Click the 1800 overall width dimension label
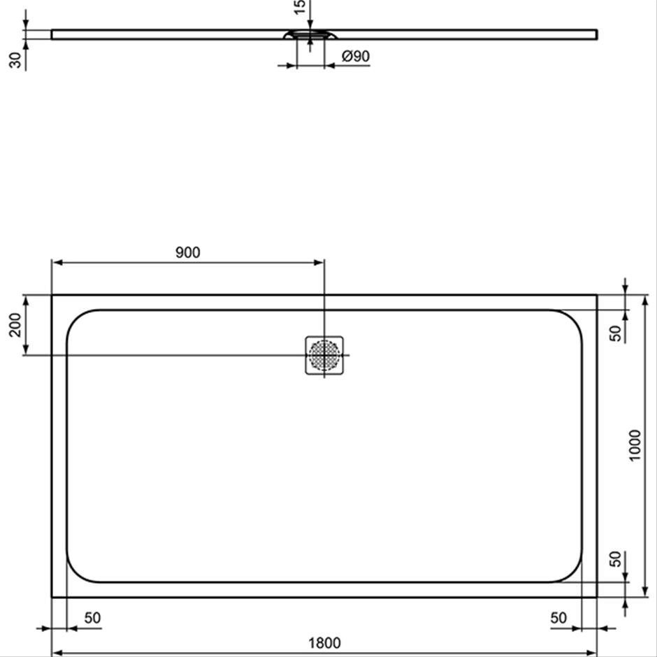[325, 642]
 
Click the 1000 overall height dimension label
[635, 445]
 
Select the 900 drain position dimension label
[188, 252]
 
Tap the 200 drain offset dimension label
[15, 325]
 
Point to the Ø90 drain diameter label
[356, 56]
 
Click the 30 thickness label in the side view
[15, 60]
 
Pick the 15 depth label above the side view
[300, 7]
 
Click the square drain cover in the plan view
[324, 355]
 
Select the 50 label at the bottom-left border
[92, 618]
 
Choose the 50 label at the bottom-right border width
[558, 618]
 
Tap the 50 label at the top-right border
[616, 333]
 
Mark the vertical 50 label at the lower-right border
[616, 559]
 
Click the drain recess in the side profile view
[310, 35]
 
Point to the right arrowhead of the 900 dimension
[319, 263]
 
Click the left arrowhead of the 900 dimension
[57, 263]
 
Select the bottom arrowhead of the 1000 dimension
[645, 591]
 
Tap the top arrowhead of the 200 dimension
[26, 301]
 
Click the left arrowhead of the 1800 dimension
[57, 653]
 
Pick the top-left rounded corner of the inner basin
[76, 319]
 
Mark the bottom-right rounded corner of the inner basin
[573, 573]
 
